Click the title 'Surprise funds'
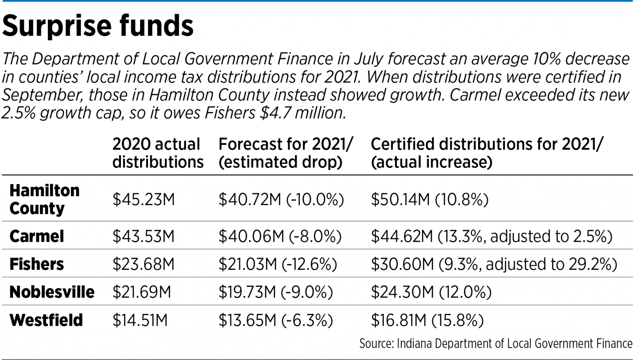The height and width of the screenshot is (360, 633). (x=98, y=26)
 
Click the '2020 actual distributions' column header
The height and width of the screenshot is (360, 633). (x=158, y=153)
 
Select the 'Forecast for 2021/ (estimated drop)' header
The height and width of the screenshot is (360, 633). (x=285, y=153)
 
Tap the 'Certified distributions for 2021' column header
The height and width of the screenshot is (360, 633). (x=486, y=153)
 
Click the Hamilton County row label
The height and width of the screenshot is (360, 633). (x=44, y=199)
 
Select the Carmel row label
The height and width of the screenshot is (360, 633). (x=37, y=236)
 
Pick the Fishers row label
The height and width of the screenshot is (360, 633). (x=37, y=264)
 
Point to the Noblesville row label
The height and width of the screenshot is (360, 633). (x=52, y=292)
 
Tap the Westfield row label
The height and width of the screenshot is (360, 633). (x=46, y=320)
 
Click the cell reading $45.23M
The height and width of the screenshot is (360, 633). (x=143, y=200)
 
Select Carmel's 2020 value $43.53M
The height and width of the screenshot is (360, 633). (x=143, y=236)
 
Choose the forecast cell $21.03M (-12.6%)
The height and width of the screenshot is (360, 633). (x=277, y=264)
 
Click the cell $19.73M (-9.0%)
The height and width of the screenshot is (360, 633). (x=275, y=292)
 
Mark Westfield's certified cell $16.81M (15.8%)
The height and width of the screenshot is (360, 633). (x=427, y=320)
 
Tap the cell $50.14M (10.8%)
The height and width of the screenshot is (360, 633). (x=429, y=200)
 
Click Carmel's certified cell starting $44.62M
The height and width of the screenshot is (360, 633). (x=491, y=236)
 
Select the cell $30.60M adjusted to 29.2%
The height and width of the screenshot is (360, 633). (x=494, y=264)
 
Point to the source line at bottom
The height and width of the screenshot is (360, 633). (x=495, y=344)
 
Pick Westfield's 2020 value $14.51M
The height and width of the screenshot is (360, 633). (x=140, y=320)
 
